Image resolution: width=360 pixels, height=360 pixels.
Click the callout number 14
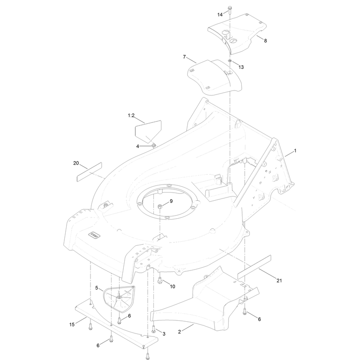click(x=220, y=15)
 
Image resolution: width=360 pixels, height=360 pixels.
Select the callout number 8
click(x=265, y=40)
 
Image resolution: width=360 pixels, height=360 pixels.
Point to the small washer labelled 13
click(x=229, y=61)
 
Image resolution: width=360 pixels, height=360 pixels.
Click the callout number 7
click(x=184, y=57)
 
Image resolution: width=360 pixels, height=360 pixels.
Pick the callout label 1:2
click(x=131, y=116)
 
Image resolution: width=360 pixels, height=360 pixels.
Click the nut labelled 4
click(x=154, y=145)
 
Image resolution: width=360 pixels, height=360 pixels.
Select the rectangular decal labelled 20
click(x=89, y=172)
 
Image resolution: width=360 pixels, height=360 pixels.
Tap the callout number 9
click(x=171, y=201)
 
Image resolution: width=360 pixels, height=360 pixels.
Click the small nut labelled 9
click(x=160, y=207)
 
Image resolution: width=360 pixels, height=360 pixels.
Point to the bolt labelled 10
click(x=160, y=280)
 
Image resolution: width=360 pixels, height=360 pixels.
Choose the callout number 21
click(x=279, y=280)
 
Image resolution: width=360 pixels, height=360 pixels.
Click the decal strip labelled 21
click(x=254, y=267)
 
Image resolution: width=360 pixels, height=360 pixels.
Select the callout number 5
click(x=97, y=288)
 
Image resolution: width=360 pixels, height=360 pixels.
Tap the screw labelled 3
click(x=153, y=329)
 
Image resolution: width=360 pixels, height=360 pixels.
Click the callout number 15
click(x=72, y=324)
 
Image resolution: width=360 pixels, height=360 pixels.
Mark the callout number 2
click(x=180, y=332)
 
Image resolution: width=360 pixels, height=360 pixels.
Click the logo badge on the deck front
click(x=94, y=235)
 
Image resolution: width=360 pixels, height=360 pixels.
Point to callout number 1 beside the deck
click(x=295, y=151)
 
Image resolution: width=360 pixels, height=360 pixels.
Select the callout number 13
click(x=241, y=67)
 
